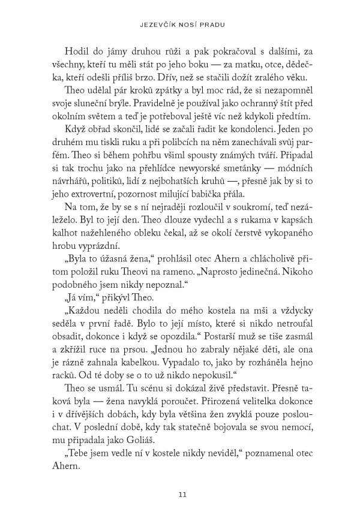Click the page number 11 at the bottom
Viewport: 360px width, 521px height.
[x=180, y=494]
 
